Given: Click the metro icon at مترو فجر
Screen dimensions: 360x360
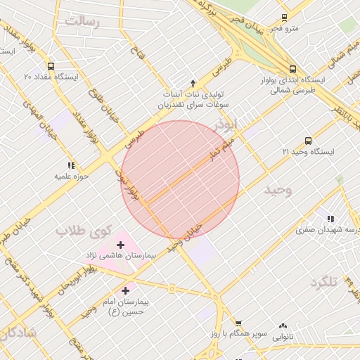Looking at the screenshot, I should click(x=284, y=17).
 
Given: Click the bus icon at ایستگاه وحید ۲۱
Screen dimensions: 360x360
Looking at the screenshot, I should click(x=309, y=141).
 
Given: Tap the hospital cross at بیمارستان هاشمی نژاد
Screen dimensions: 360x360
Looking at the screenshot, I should click(x=120, y=244).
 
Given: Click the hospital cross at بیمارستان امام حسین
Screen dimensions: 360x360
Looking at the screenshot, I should click(x=126, y=290).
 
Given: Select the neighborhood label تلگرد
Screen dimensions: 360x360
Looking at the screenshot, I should click(x=324, y=282).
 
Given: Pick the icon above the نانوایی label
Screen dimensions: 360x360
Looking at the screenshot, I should click(x=283, y=326).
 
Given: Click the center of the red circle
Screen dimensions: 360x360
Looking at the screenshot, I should click(x=180, y=180).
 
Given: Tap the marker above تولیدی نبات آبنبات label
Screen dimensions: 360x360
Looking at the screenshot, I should click(x=193, y=82).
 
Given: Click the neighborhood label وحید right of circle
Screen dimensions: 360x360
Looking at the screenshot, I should click(x=277, y=191).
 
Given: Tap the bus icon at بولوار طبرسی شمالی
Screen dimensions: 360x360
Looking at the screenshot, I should click(x=292, y=69).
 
